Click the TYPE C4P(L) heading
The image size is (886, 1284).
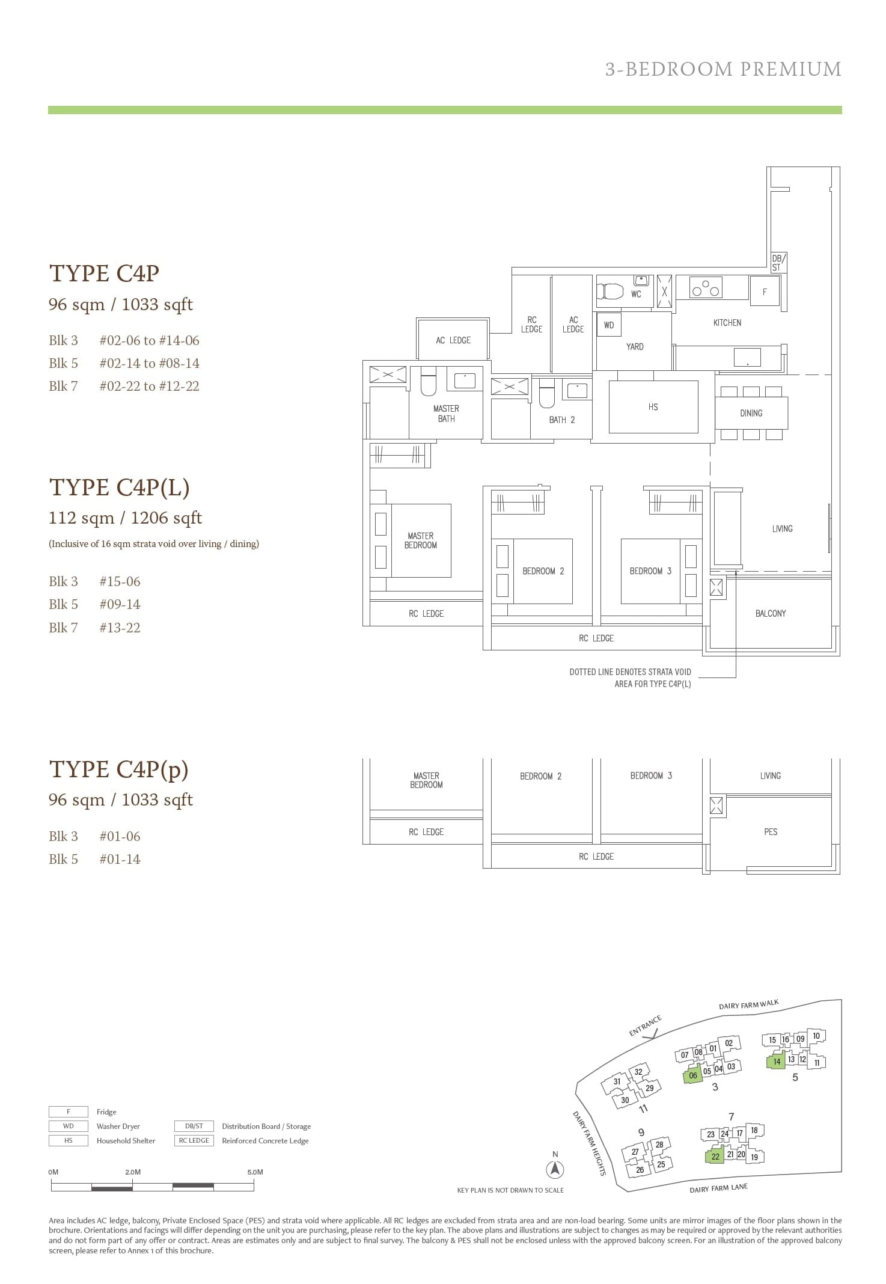click(x=119, y=488)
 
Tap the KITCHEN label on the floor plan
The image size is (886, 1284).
click(x=727, y=323)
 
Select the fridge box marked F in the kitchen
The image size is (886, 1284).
click(x=765, y=292)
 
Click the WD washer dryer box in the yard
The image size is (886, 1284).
click(x=609, y=325)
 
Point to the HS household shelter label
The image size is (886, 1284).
click(x=653, y=407)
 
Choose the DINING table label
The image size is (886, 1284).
click(x=751, y=413)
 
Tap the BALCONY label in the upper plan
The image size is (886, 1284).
click(x=771, y=613)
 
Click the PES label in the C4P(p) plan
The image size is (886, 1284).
click(x=771, y=832)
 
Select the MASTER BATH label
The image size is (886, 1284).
click(x=446, y=414)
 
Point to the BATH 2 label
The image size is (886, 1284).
click(x=561, y=420)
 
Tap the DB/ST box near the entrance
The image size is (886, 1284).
click(x=777, y=263)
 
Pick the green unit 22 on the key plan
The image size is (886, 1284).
click(x=715, y=1156)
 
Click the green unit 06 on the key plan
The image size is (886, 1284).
click(x=692, y=1076)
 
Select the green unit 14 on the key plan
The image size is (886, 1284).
click(x=777, y=1062)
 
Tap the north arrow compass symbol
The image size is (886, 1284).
click(x=555, y=1169)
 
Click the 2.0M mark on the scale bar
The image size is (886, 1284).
click(x=133, y=1172)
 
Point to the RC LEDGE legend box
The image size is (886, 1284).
click(x=194, y=1140)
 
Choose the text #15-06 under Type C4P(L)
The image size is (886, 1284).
click(x=120, y=581)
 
